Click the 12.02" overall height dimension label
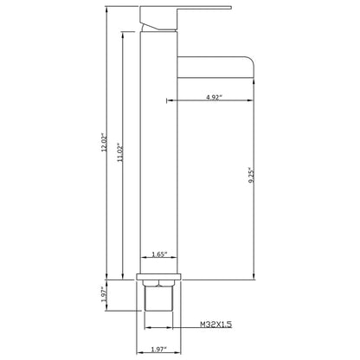(105, 142)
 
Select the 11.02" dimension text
(120, 152)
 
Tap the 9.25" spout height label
(251, 175)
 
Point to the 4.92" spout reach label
(215, 97)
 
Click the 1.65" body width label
(160, 254)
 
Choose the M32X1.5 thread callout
(216, 325)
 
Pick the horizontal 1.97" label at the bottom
(159, 350)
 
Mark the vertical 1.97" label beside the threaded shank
(104, 294)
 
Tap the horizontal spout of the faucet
(215, 67)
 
